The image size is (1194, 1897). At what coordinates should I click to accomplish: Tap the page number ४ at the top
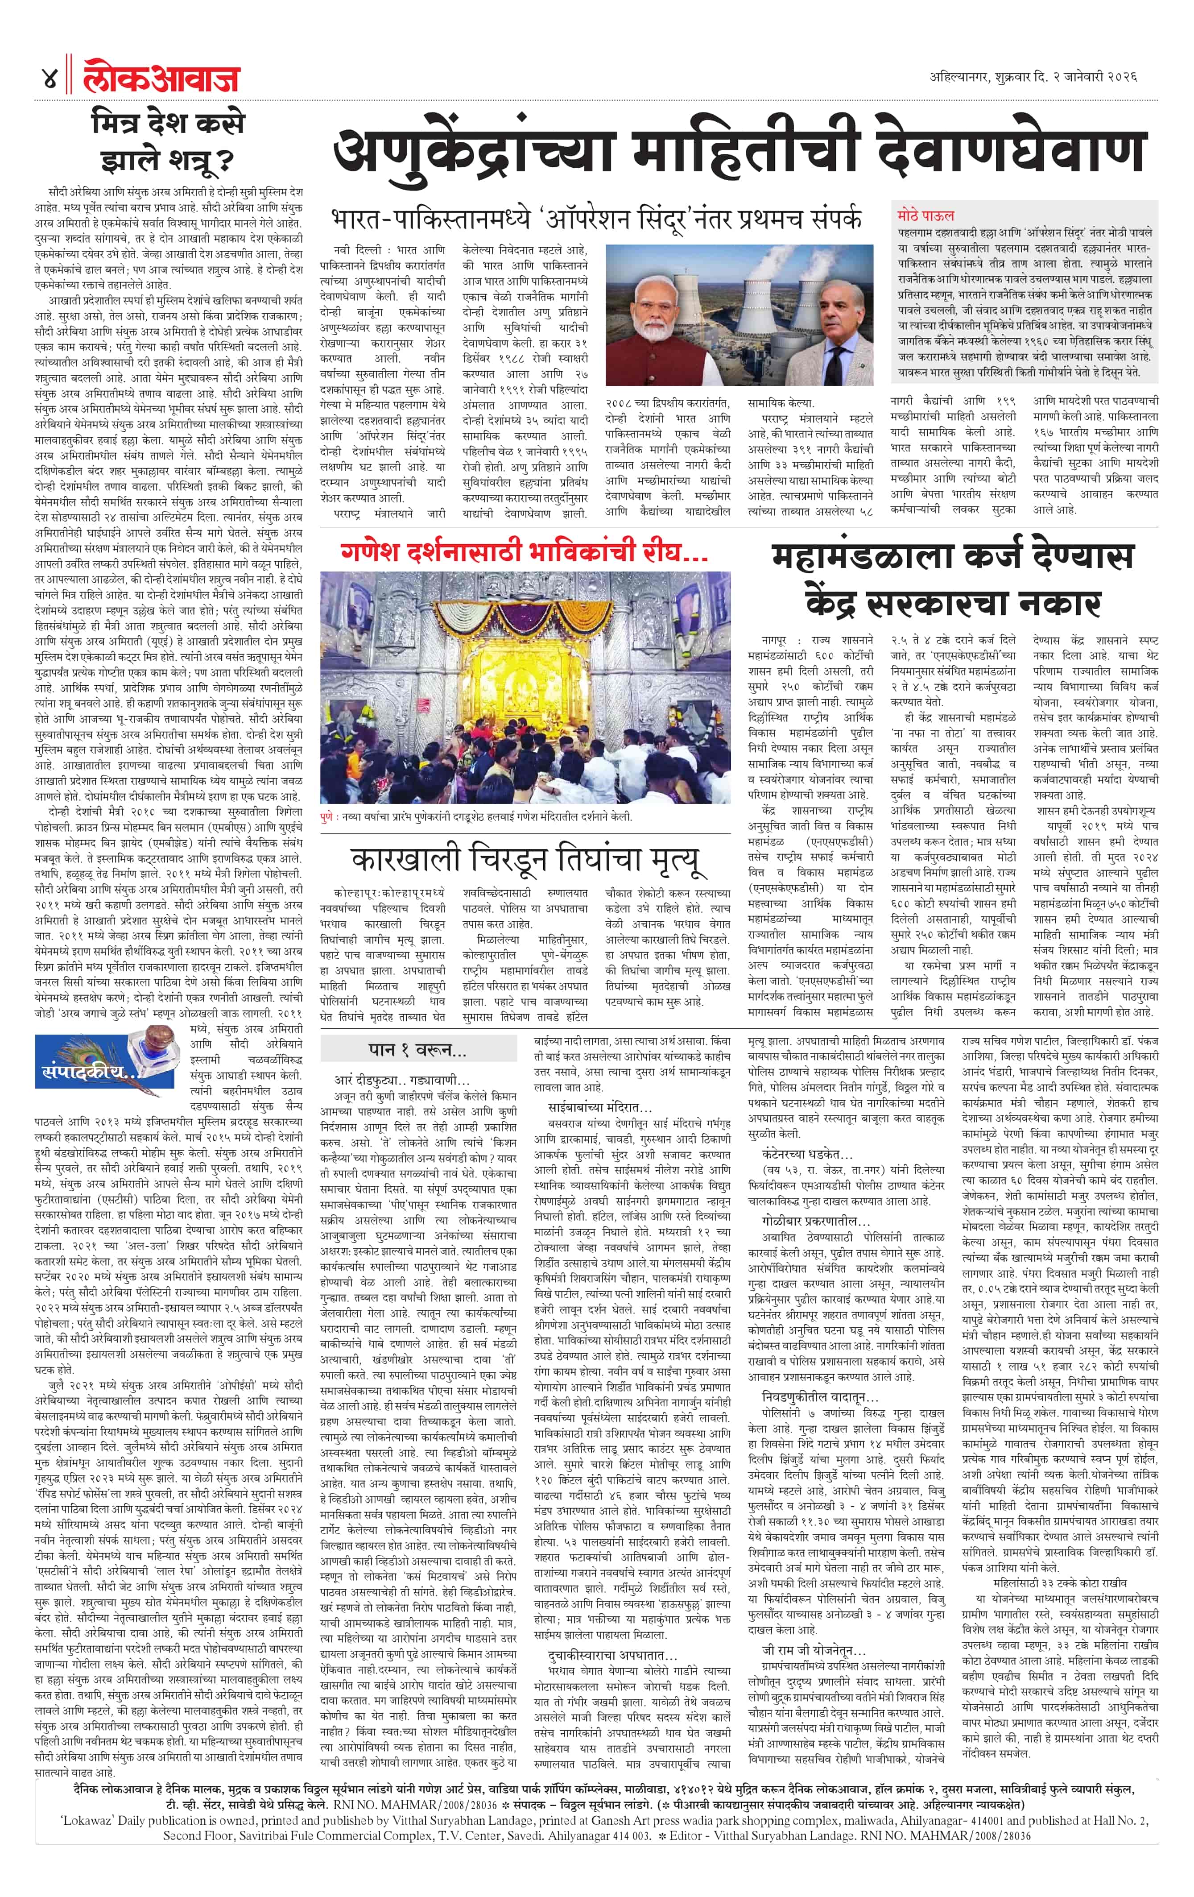tap(49, 79)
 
